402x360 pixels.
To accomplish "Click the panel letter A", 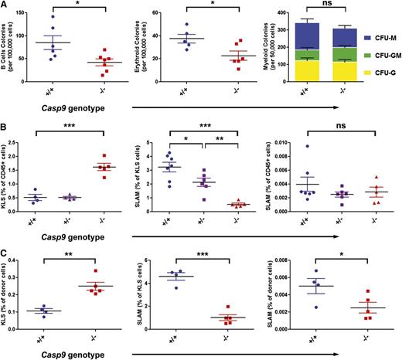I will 5,6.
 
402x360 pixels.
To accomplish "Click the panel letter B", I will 5,125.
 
